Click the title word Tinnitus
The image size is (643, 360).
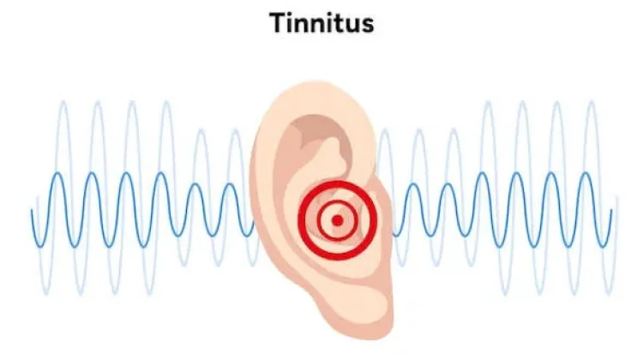(321, 23)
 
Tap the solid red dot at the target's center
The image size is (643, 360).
(337, 220)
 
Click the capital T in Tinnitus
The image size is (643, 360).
(278, 23)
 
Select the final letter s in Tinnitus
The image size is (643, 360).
(367, 27)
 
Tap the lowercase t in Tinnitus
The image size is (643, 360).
(337, 24)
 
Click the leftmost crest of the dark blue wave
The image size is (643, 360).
(58, 174)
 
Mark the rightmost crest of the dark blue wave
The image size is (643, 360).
(586, 174)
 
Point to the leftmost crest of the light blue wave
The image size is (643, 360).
(63, 103)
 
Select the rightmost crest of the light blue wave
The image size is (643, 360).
(592, 103)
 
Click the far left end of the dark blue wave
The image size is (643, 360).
(32, 210)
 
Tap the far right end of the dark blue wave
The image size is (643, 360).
(611, 210)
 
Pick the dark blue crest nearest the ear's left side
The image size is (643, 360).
(231, 184)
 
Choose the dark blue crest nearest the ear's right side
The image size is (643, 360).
(413, 184)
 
